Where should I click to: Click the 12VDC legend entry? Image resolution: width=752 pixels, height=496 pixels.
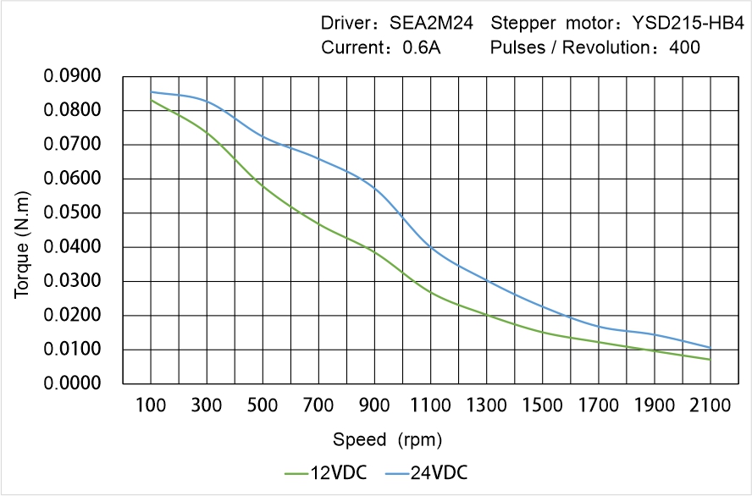tap(326, 472)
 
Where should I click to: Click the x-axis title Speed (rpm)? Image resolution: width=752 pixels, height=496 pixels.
tap(387, 440)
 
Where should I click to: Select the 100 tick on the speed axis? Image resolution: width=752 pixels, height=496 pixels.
tap(152, 405)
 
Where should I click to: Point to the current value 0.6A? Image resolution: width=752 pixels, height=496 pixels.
tap(421, 47)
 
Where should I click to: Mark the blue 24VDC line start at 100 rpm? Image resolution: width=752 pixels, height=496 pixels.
tap(152, 92)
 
